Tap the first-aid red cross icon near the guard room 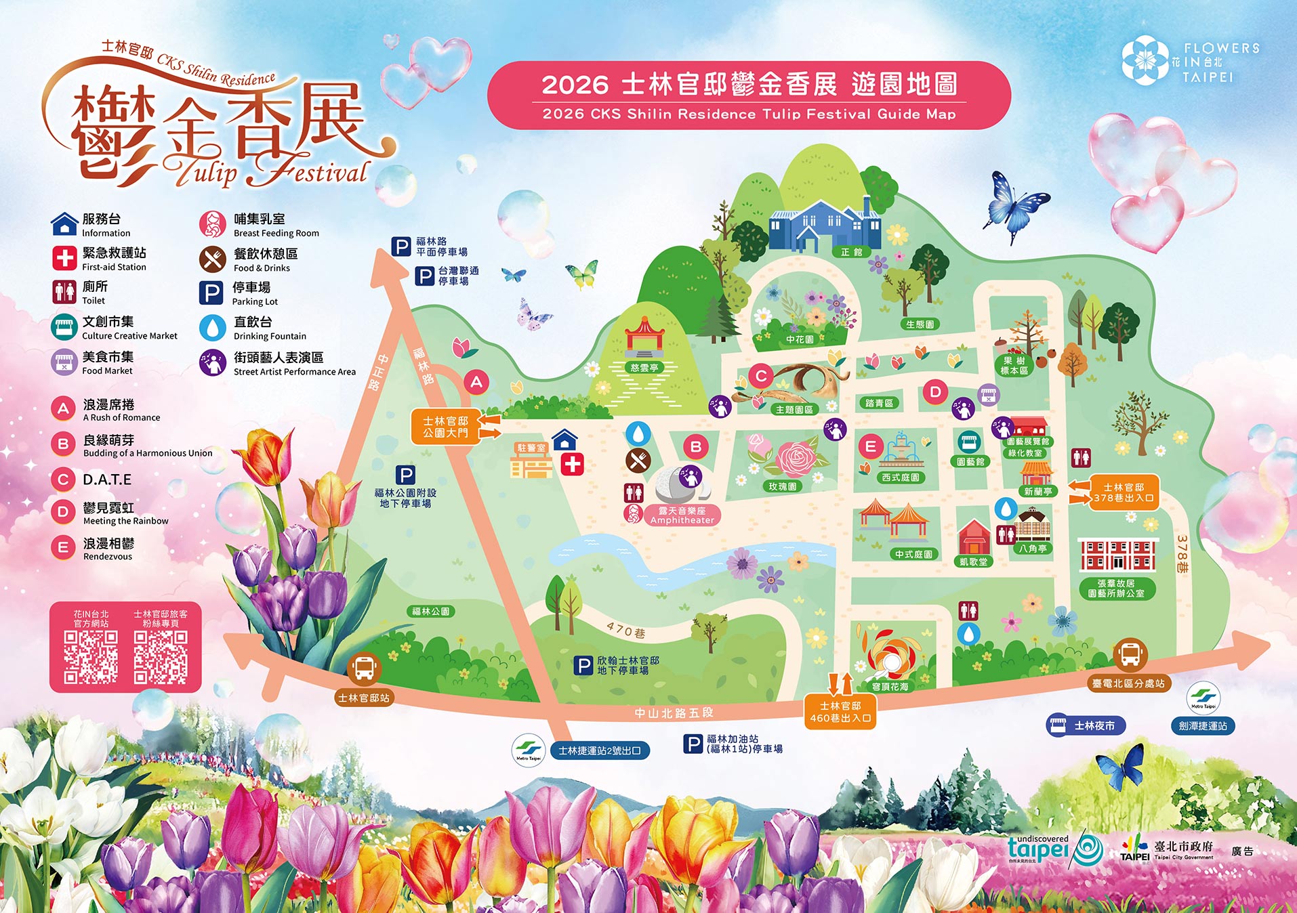(573, 464)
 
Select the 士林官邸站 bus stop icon (364, 668)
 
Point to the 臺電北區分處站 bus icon (1130, 654)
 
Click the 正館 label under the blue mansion (851, 252)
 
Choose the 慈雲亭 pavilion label (644, 368)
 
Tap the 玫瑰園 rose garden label (782, 486)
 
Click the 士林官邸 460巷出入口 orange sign (840, 712)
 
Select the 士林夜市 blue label (1086, 725)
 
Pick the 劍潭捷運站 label (1203, 726)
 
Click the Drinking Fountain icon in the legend (212, 328)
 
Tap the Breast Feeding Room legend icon (212, 224)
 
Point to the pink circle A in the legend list (63, 408)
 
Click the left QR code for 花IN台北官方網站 (91, 656)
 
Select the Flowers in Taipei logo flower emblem (1145, 60)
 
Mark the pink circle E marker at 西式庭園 (870, 446)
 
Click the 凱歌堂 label (974, 561)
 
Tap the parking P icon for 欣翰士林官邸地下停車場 (583, 665)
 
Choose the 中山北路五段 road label (674, 713)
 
